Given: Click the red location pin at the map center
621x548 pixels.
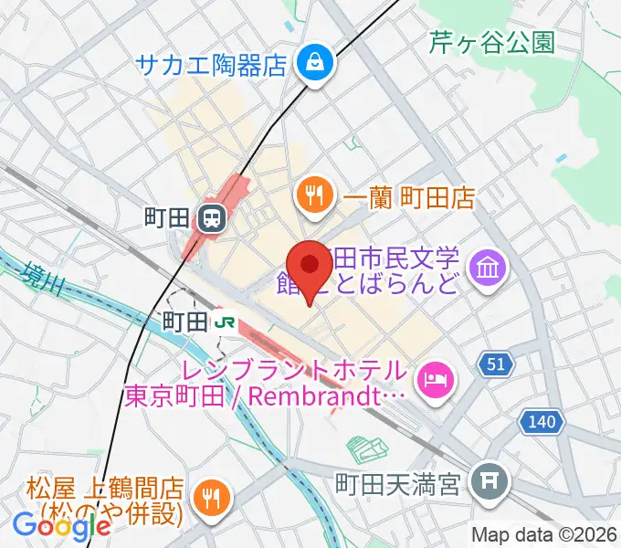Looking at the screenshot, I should tap(310, 266).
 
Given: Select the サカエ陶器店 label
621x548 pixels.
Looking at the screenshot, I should tap(212, 64).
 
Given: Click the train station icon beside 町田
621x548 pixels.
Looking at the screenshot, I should tap(212, 217).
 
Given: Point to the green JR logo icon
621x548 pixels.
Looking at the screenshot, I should tap(226, 321).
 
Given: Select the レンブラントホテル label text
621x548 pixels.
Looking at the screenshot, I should tap(293, 372).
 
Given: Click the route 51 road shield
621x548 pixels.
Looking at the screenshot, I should tap(495, 364).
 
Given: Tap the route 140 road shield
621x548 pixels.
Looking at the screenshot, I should tap(542, 421).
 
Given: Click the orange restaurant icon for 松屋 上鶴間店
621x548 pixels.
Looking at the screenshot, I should tap(213, 498).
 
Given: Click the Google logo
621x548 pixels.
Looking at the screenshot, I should tap(62, 526).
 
